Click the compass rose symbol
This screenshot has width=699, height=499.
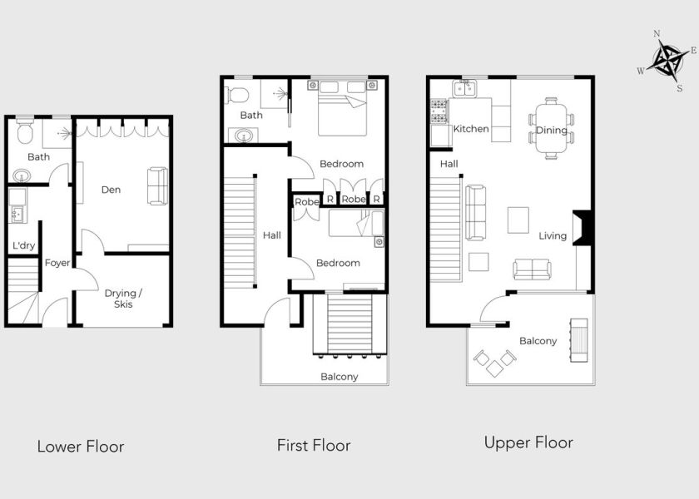[667, 60]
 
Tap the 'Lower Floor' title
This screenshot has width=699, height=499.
[80, 447]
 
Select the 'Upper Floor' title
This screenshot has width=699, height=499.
[528, 442]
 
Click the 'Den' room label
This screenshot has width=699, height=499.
[111, 190]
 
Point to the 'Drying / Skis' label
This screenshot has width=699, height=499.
[123, 299]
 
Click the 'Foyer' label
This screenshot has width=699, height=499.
[57, 263]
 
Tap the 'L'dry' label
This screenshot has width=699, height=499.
[23, 245]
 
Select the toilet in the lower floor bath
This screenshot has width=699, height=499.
[24, 131]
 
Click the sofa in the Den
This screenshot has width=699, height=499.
[157, 185]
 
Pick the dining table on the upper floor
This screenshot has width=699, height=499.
[552, 129]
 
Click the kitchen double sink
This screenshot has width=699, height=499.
[464, 89]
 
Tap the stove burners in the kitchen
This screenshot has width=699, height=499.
[439, 111]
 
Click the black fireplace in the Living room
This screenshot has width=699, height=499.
[582, 227]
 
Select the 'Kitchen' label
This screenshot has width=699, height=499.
[471, 129]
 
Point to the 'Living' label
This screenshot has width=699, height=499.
[553, 235]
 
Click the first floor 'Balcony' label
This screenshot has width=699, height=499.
[340, 377]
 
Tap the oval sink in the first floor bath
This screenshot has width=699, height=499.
[243, 135]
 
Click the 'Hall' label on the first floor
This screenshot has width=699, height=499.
[272, 235]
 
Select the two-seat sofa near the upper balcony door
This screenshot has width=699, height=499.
[532, 269]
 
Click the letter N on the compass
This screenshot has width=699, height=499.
[657, 33]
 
